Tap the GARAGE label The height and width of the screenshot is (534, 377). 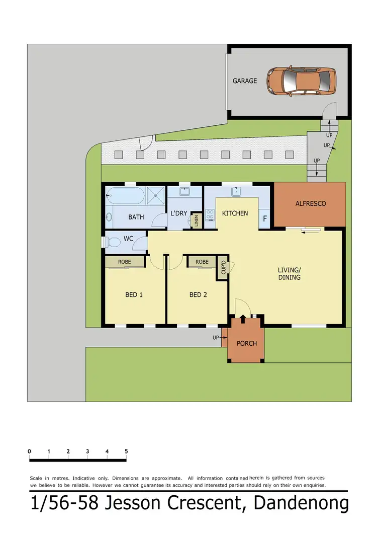(x=245, y=81)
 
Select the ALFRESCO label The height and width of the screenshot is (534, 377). (x=310, y=203)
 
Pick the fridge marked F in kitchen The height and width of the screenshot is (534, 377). (x=265, y=219)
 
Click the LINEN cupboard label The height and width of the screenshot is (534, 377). (x=197, y=220)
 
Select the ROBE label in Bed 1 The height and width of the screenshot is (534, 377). (x=125, y=262)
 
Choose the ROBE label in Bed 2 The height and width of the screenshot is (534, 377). (x=202, y=262)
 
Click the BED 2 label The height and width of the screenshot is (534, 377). (x=198, y=295)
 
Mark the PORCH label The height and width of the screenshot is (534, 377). (x=246, y=343)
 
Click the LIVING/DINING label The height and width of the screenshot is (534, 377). (x=289, y=273)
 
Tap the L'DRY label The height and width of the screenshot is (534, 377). (x=179, y=213)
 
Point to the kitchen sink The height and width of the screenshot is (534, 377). (x=236, y=192)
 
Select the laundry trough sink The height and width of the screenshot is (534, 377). (x=184, y=192)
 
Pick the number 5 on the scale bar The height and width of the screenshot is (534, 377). (x=126, y=451)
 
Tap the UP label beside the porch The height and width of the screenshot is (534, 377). (x=216, y=338)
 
